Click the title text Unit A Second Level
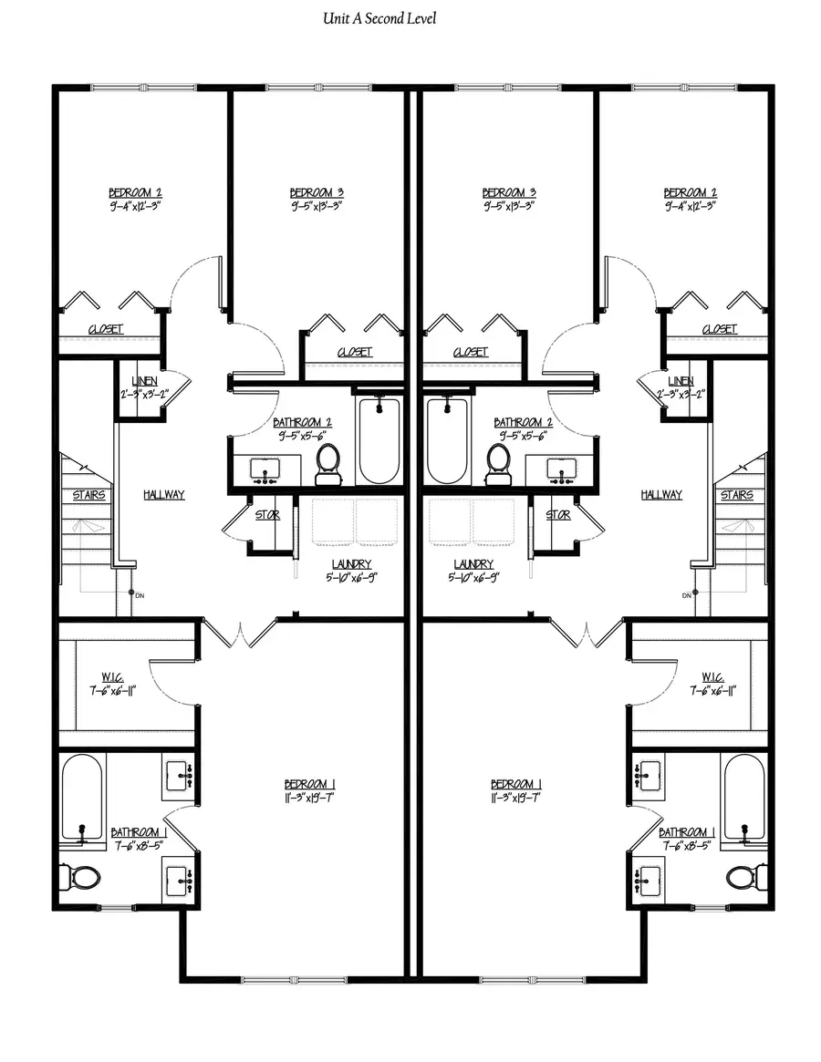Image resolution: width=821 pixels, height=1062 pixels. pyautogui.click(x=379, y=18)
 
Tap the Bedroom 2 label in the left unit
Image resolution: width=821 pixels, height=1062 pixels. pyautogui.click(x=135, y=192)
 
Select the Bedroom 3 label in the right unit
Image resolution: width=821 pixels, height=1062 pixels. pyautogui.click(x=508, y=192)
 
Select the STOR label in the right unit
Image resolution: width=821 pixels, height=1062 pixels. pyautogui.click(x=557, y=515)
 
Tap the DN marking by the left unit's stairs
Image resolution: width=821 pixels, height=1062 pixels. pyautogui.click(x=140, y=594)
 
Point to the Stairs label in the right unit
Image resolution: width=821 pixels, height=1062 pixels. pyautogui.click(x=736, y=495)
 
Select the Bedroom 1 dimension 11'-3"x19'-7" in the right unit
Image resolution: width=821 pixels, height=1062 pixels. pyautogui.click(x=516, y=798)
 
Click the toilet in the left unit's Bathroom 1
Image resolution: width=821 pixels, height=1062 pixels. pyautogui.click(x=83, y=877)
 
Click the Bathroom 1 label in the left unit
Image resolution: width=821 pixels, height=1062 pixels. pyautogui.click(x=139, y=832)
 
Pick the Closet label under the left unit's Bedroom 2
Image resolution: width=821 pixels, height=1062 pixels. pyautogui.click(x=105, y=329)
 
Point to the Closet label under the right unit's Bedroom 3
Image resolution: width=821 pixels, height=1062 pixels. pyautogui.click(x=470, y=351)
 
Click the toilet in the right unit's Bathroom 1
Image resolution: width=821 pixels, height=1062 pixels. pyautogui.click(x=742, y=877)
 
